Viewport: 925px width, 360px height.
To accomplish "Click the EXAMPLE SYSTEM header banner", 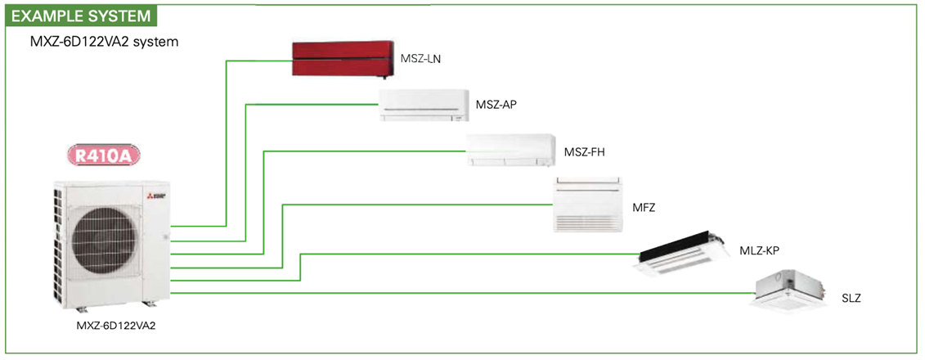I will click(79, 15).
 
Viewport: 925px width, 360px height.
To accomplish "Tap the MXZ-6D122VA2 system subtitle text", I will click(104, 40).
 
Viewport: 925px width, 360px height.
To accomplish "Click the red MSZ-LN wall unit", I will click(341, 60).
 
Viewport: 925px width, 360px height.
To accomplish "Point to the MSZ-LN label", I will click(421, 59).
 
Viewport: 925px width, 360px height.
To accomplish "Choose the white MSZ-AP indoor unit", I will click(424, 105).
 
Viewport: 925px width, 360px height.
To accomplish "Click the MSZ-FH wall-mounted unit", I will click(510, 151).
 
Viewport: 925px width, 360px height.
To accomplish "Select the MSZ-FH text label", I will click(584, 152).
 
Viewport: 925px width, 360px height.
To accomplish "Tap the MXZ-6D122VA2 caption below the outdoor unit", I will click(115, 326).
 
